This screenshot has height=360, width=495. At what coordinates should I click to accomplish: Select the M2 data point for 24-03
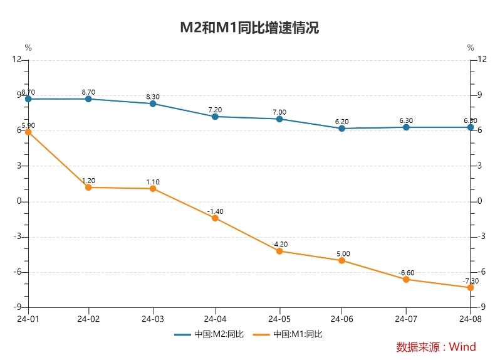(x=153, y=103)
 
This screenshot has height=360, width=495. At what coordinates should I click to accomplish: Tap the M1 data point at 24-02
(x=88, y=188)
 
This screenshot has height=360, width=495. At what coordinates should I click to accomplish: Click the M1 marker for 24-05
(x=279, y=251)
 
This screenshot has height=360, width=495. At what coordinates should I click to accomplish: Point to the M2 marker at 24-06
(x=342, y=129)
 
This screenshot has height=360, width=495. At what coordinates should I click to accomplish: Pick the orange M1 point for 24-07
(x=406, y=280)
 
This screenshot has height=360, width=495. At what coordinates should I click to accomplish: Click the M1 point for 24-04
(x=216, y=218)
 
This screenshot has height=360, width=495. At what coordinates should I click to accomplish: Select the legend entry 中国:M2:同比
(x=209, y=334)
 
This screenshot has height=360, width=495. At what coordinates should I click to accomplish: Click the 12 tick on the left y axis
(x=17, y=60)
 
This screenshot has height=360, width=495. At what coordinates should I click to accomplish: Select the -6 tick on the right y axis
(x=482, y=272)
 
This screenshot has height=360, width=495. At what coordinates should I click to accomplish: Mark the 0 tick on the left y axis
(x=19, y=201)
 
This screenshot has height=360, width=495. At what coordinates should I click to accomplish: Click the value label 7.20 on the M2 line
(x=216, y=110)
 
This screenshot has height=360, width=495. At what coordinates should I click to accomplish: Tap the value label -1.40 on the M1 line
(x=215, y=211)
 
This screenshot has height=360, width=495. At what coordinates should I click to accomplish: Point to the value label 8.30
(x=153, y=97)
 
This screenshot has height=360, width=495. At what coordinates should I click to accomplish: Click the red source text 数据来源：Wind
(x=436, y=347)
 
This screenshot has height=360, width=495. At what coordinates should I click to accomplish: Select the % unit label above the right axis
(x=471, y=48)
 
